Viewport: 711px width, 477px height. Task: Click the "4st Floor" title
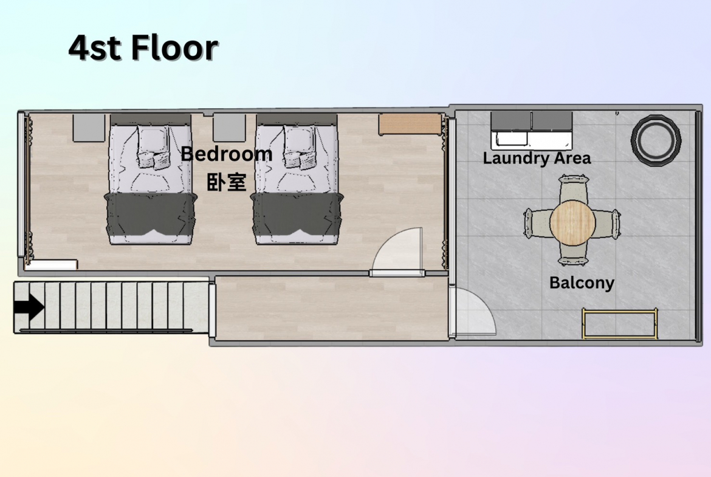pyautogui.click(x=143, y=47)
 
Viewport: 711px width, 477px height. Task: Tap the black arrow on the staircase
pyautogui.click(x=29, y=307)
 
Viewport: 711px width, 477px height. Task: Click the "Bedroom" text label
pyautogui.click(x=226, y=154)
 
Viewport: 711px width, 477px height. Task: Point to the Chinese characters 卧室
pyautogui.click(x=226, y=182)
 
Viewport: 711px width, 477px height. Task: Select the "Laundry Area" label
pyautogui.click(x=537, y=158)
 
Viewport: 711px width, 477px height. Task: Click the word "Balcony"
pyautogui.click(x=582, y=283)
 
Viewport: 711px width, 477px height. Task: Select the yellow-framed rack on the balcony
pyautogui.click(x=620, y=324)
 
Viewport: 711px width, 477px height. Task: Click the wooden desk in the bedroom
pyautogui.click(x=410, y=124)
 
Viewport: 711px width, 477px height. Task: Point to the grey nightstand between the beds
pyautogui.click(x=229, y=128)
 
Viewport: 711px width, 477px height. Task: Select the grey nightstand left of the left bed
pyautogui.click(x=89, y=128)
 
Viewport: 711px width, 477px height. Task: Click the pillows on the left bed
pyautogui.click(x=153, y=148)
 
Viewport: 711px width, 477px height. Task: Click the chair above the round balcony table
pyautogui.click(x=573, y=189)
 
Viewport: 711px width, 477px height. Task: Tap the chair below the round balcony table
pyautogui.click(x=573, y=254)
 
